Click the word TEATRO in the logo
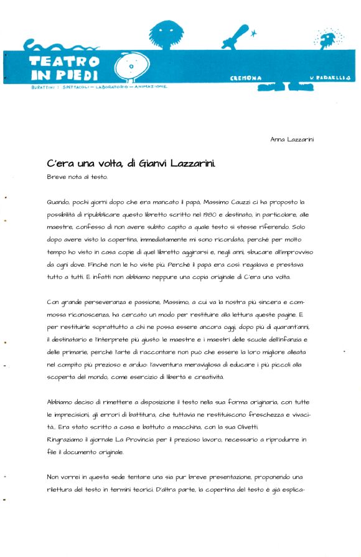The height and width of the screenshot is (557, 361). click(64, 62)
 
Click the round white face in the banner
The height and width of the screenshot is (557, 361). click(132, 66)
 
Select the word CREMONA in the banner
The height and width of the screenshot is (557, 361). click(246, 79)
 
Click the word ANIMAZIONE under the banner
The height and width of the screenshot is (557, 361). click(148, 87)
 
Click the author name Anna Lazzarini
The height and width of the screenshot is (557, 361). click(292, 140)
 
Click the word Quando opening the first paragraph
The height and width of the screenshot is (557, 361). click(59, 202)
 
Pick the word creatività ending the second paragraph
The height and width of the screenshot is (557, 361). click(205, 377)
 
